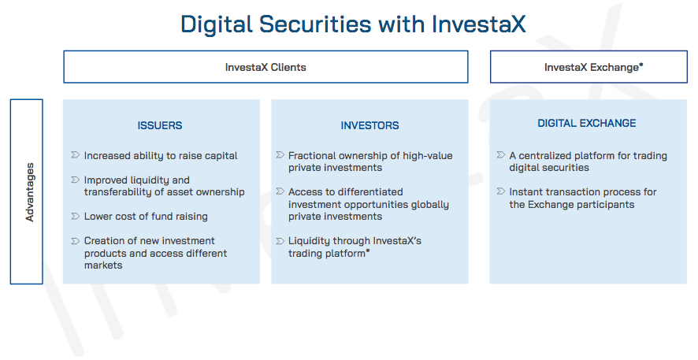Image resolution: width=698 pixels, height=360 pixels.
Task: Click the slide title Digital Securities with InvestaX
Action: pos(353,24)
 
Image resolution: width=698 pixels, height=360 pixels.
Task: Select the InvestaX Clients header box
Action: pos(265,67)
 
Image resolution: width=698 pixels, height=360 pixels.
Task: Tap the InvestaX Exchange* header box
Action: pos(588,67)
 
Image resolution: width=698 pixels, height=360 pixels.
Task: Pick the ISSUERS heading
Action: pos(160,125)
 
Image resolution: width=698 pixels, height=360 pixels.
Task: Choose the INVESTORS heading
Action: pos(369,125)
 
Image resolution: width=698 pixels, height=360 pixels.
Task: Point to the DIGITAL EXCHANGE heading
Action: pos(587,123)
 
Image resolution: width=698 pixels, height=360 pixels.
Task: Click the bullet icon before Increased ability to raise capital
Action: pos(75,155)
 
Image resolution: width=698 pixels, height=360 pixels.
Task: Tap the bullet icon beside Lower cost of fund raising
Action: pos(75,216)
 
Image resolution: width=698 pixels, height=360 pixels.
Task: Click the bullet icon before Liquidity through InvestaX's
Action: pos(280,241)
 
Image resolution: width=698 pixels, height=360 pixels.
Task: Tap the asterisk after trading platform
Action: pos(368,251)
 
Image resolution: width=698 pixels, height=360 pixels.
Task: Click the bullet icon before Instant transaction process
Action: pos(501,191)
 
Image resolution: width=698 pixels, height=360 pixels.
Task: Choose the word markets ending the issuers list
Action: pos(103,265)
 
